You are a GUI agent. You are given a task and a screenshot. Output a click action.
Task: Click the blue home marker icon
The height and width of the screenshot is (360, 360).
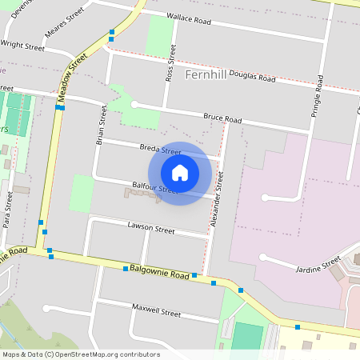pyautogui.click(x=180, y=172)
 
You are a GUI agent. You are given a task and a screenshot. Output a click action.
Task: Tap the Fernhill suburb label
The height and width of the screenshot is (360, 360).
pyautogui.click(x=206, y=74)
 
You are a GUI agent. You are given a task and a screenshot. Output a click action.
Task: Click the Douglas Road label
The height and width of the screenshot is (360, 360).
pyautogui.click(x=252, y=78)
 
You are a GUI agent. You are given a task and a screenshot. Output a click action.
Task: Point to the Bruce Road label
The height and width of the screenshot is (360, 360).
pyautogui.click(x=222, y=119)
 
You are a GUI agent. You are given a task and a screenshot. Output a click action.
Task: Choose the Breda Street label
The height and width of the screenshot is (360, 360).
pyautogui.click(x=159, y=150)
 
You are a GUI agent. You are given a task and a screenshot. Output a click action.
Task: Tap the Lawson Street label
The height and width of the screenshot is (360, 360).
pyautogui.click(x=150, y=229)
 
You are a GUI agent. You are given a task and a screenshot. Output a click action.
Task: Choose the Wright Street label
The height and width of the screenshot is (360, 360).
pyautogui.click(x=23, y=46)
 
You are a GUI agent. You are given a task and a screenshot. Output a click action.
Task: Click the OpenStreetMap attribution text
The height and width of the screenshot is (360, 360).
pyautogui.click(x=81, y=354)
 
